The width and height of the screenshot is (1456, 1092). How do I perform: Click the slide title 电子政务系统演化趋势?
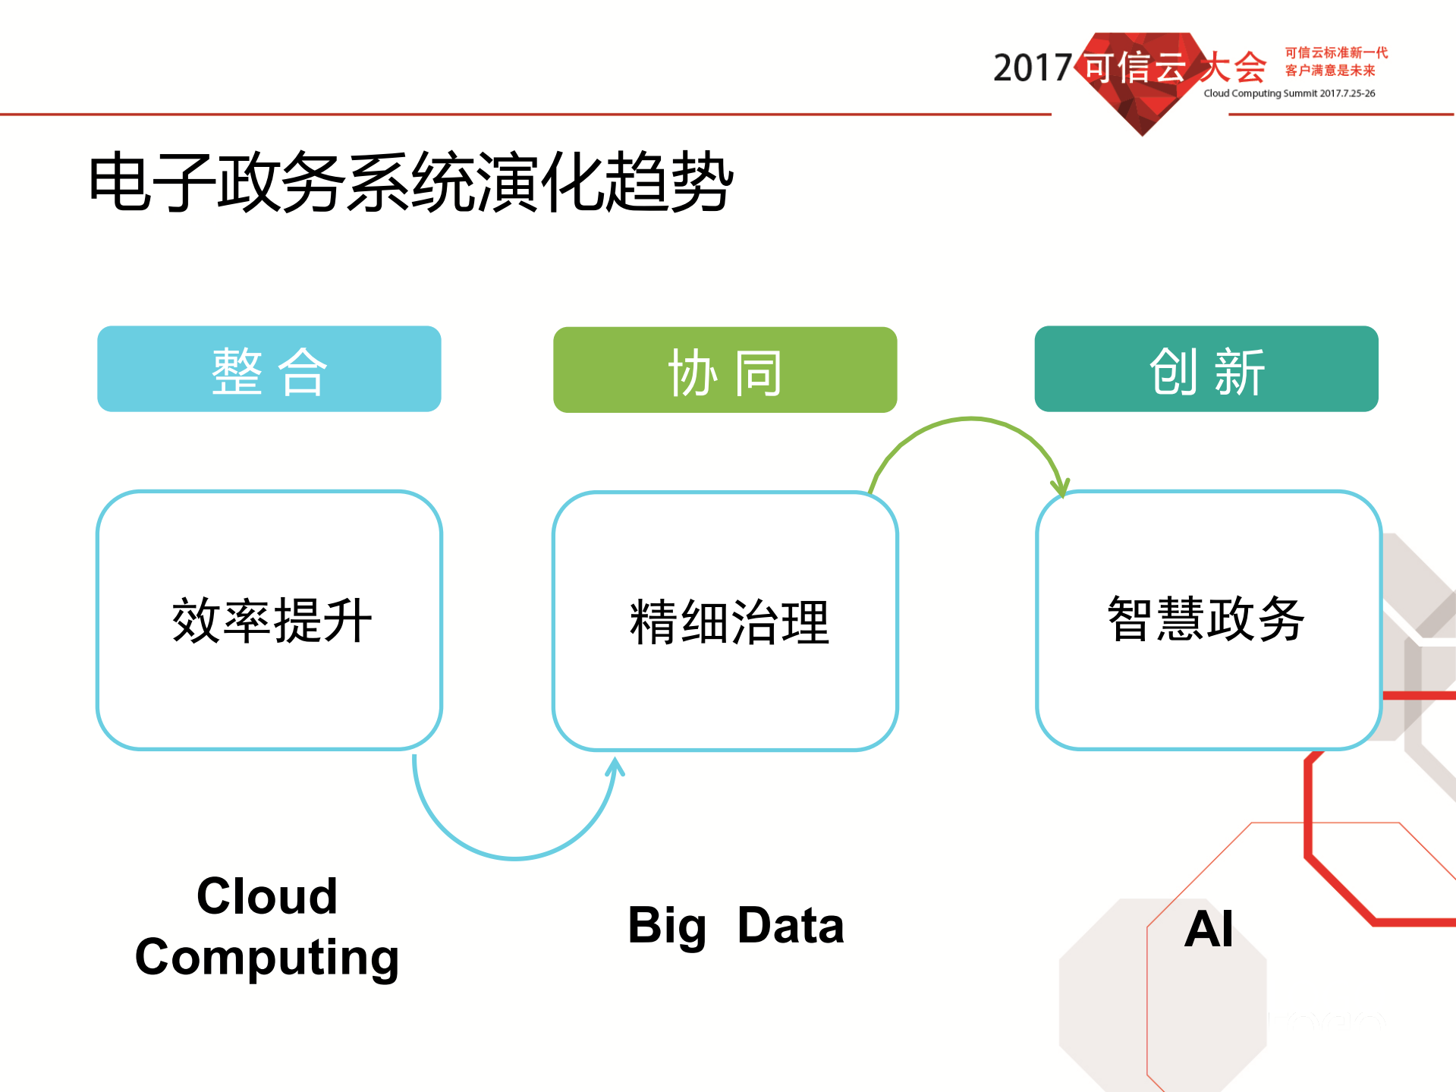pyautogui.click(x=410, y=182)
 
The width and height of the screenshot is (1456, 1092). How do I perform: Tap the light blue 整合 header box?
pyautogui.click(x=269, y=370)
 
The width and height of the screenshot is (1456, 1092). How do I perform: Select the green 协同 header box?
pyautogui.click(x=725, y=370)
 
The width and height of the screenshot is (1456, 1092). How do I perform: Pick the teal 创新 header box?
pyautogui.click(x=1206, y=370)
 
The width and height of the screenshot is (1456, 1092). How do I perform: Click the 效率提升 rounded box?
pyautogui.click(x=269, y=620)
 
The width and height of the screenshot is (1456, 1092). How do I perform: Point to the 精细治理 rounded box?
pyautogui.click(x=725, y=622)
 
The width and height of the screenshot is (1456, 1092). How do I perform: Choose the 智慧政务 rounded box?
pyautogui.click(x=1207, y=620)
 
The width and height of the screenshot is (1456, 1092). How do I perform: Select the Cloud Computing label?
pyautogui.click(x=267, y=927)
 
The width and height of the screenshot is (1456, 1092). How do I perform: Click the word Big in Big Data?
pyautogui.click(x=667, y=927)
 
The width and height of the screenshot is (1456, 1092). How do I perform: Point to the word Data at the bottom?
pyautogui.click(x=790, y=926)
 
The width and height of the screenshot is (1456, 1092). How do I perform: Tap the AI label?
pyautogui.click(x=1209, y=929)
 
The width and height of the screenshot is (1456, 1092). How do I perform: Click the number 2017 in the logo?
pyautogui.click(x=1032, y=68)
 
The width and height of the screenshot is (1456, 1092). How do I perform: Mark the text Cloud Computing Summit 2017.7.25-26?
pyautogui.click(x=1289, y=93)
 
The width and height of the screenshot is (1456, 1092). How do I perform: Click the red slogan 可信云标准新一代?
pyautogui.click(x=1336, y=52)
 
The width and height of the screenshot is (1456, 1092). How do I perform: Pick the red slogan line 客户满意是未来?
pyautogui.click(x=1329, y=71)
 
